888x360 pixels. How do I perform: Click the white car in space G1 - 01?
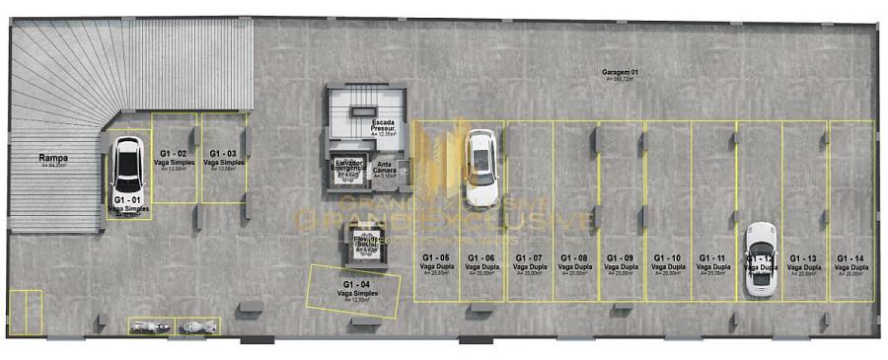(x=128, y=165)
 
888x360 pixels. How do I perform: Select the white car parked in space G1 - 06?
(x=481, y=168)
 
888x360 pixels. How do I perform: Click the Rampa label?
(x=53, y=159)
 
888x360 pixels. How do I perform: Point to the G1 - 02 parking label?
(x=174, y=155)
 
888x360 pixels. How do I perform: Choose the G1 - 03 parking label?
(x=223, y=155)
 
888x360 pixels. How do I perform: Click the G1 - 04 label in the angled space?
(x=356, y=286)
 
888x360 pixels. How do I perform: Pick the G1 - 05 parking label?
(x=436, y=259)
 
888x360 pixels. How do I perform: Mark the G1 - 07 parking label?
(x=529, y=259)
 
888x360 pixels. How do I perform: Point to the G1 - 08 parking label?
(x=574, y=259)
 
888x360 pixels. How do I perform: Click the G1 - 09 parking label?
(x=621, y=259)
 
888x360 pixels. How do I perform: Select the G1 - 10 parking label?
(x=668, y=259)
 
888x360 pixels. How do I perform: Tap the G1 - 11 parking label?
(x=713, y=259)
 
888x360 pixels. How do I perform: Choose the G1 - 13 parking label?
(x=804, y=259)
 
